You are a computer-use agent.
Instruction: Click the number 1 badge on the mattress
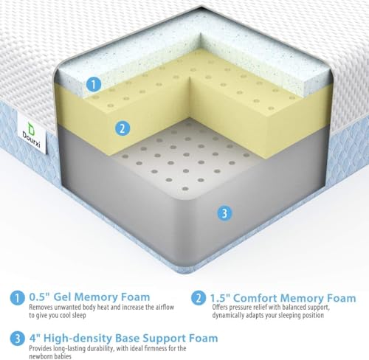pyautogui.click(x=92, y=85)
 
